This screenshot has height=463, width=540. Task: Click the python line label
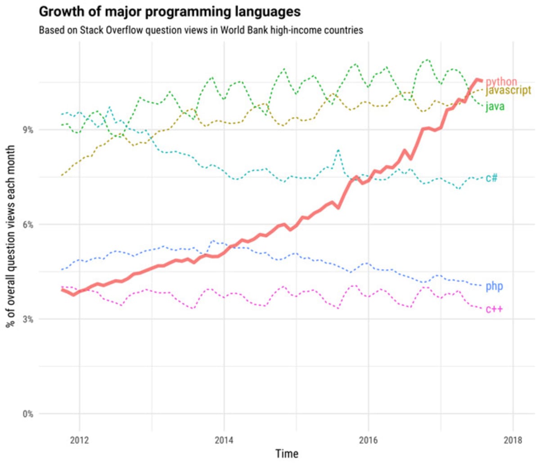[x=501, y=82]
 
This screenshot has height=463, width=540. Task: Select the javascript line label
[x=508, y=91]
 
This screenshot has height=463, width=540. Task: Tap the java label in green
[x=495, y=107]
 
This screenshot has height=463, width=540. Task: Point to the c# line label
[x=491, y=177]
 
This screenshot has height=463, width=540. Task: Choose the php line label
[x=494, y=286]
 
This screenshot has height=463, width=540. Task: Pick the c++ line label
[x=494, y=309]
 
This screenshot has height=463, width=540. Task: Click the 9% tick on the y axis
[x=28, y=130]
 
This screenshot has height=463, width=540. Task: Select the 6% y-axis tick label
[x=28, y=225]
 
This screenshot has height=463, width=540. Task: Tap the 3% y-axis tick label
[x=28, y=319]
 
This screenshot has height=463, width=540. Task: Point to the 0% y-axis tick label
[x=28, y=414]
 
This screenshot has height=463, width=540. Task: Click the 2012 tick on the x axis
[x=80, y=440]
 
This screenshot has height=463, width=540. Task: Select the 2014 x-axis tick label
[x=224, y=440]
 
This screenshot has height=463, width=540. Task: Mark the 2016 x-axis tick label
[x=369, y=440]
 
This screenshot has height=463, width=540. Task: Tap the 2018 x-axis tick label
[x=513, y=440]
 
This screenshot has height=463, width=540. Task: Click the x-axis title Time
[x=287, y=454]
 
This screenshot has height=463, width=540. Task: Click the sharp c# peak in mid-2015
[x=338, y=150]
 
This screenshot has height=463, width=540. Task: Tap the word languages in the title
[x=268, y=11]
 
